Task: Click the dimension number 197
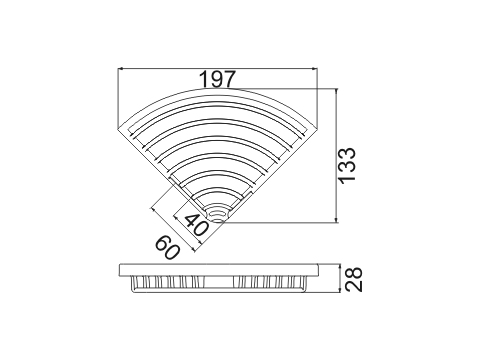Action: (217, 79)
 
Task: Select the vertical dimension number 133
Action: (347, 165)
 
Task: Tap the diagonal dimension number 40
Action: (197, 225)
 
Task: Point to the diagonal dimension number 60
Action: (168, 247)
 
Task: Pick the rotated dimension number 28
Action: (353, 279)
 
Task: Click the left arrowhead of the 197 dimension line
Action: (121, 69)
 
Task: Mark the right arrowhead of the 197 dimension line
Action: (315, 69)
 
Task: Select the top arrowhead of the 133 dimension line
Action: (337, 90)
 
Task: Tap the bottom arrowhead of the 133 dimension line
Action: (337, 220)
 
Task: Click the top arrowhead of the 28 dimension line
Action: (339, 266)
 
